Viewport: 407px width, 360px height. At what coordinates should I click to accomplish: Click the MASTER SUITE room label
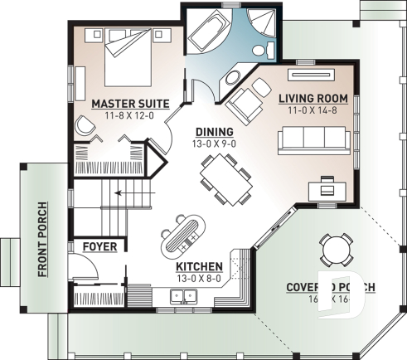[x=130, y=104]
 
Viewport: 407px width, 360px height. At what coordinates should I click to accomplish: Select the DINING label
[x=214, y=132]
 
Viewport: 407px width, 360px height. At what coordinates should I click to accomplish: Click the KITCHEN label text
[x=198, y=267]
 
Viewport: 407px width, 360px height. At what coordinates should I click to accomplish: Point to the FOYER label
[x=99, y=246]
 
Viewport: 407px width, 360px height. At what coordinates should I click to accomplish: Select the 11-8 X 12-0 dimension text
[x=130, y=116]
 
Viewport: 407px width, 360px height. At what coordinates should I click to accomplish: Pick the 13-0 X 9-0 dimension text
[x=214, y=144]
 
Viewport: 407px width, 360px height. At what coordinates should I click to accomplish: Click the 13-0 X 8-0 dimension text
[x=198, y=279]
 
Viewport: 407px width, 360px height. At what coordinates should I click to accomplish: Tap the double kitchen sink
[x=179, y=296]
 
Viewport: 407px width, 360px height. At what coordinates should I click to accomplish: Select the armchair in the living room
[x=245, y=106]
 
